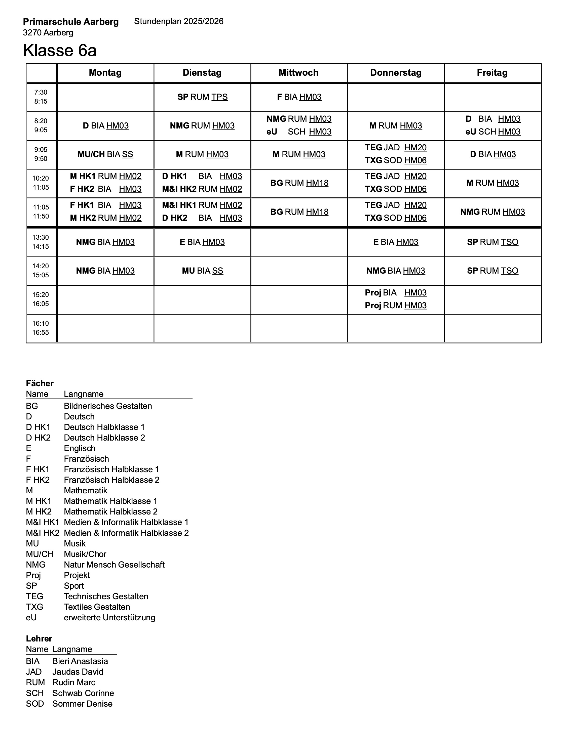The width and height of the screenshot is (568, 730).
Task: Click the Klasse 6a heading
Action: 60,51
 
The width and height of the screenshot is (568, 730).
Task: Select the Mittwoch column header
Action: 299,72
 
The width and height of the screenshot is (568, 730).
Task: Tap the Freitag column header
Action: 492,72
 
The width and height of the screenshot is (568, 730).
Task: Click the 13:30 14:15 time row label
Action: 41,242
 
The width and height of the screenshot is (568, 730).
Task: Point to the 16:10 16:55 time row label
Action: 41,328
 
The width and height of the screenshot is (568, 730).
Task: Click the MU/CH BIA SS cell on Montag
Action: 105,154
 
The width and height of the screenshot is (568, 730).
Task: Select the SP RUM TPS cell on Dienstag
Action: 202,97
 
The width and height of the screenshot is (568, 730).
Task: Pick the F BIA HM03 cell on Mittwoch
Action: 299,97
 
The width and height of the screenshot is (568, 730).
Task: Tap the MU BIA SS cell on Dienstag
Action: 202,271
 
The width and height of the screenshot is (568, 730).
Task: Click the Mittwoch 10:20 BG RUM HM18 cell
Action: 299,183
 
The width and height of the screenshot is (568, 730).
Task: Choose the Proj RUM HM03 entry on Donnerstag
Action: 396,306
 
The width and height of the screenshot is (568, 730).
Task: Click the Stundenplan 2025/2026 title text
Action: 179,21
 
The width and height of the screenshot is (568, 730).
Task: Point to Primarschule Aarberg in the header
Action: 70,22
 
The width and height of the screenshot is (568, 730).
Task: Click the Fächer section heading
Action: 40,383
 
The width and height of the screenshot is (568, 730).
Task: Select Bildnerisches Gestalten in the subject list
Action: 108,406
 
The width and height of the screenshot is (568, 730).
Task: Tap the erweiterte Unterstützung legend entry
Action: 109,618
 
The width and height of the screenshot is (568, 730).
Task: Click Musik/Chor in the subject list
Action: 85,554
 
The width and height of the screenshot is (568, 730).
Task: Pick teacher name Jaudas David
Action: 78,672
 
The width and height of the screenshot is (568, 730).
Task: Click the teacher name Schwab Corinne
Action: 83,693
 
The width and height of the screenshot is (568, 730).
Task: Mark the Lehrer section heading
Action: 39,639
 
